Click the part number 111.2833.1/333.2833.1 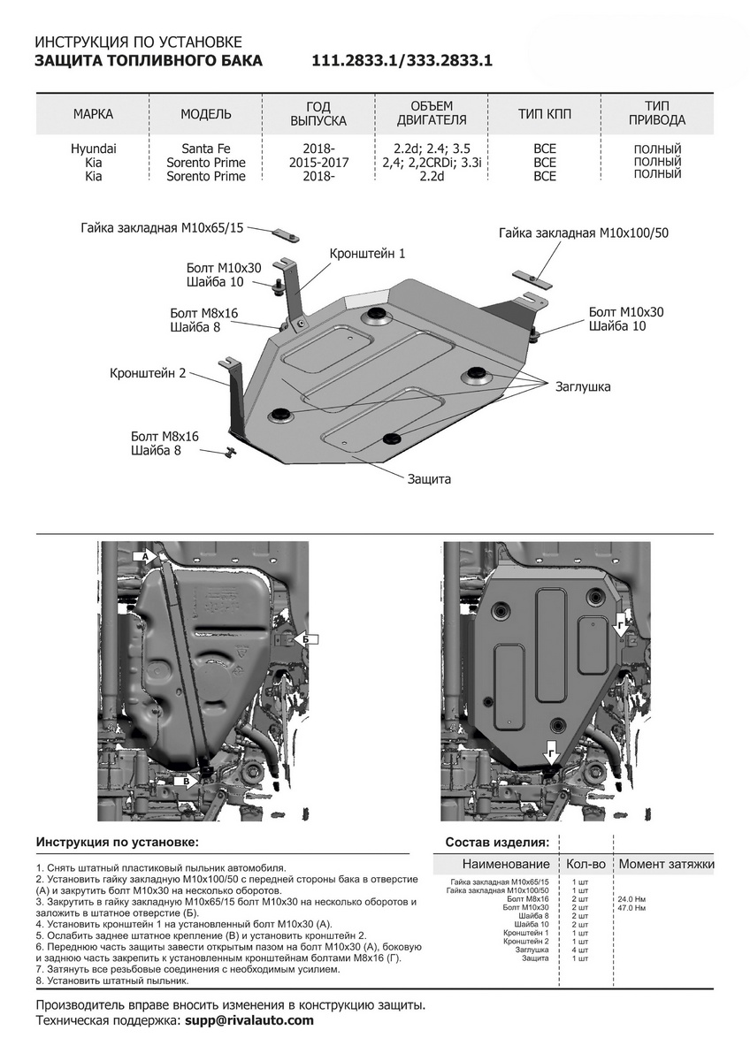coord(402,61)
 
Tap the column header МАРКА coord(93,114)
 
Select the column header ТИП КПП coord(545,114)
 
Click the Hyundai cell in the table coord(93,149)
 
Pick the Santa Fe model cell coord(205,149)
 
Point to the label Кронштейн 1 coord(367,254)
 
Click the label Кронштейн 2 coord(148,373)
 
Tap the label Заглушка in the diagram coord(583,386)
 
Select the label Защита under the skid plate coord(429,478)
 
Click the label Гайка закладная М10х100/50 coord(583,233)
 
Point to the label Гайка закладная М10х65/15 coord(161,227)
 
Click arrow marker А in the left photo coord(144,555)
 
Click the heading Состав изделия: coord(497,842)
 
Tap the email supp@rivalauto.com coord(249,1020)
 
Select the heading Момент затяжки coord(666,864)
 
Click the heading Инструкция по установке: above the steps coord(118,842)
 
